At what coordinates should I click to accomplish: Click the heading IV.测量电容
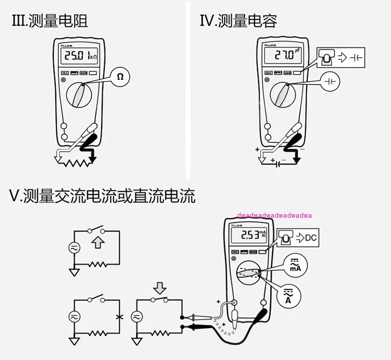[x=238, y=21]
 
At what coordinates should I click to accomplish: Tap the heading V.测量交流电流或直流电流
[x=102, y=196]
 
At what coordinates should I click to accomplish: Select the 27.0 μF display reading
[x=285, y=55]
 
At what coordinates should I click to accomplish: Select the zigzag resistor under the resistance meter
[x=74, y=162]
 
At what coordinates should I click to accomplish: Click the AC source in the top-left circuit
[x=76, y=250]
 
